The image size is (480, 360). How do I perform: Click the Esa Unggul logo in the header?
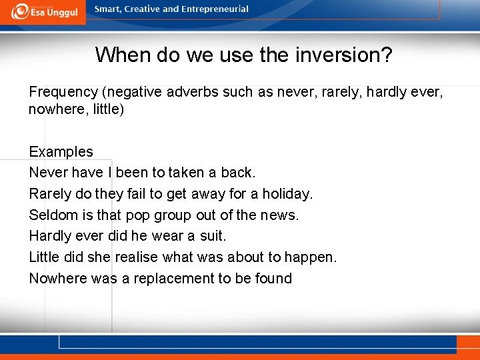45,11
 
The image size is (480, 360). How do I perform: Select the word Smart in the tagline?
108,9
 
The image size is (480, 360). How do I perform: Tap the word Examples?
61,151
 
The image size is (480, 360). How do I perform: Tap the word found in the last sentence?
273,279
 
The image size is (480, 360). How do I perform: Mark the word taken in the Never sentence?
187,173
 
